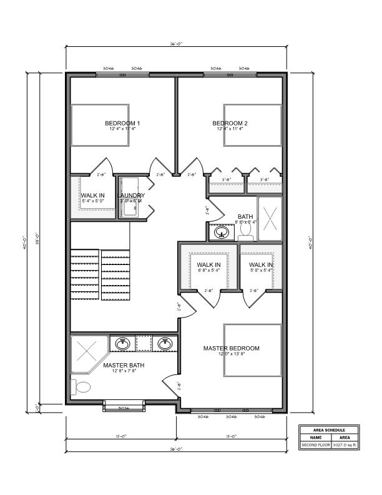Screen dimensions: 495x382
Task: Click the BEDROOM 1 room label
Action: pyautogui.click(x=122, y=123)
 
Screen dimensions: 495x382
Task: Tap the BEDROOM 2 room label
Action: pyautogui.click(x=230, y=123)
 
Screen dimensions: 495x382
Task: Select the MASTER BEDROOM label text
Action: pyautogui.click(x=231, y=348)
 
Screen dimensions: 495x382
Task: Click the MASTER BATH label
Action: pyautogui.click(x=120, y=365)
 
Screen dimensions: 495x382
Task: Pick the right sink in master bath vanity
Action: pyautogui.click(x=165, y=344)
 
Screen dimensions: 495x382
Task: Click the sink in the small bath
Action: pyautogui.click(x=221, y=233)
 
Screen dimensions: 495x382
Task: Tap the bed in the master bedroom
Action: pyautogui.click(x=253, y=351)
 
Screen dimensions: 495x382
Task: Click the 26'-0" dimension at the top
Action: pyautogui.click(x=176, y=44)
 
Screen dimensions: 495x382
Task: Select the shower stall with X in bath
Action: pyautogui.click(x=270, y=218)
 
